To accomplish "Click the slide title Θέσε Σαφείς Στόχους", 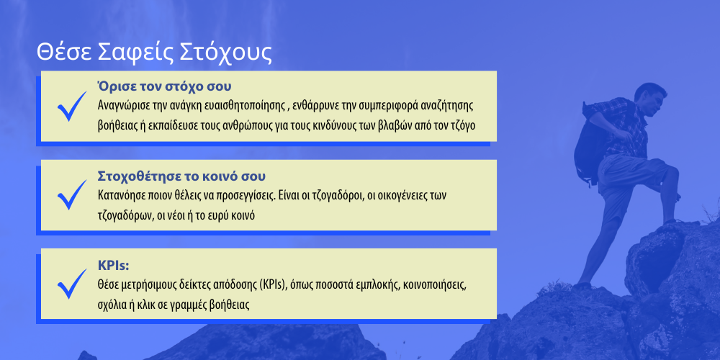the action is point(154,53).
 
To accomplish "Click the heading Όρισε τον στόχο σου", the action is point(164,86).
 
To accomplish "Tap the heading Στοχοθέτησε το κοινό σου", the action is point(182,176).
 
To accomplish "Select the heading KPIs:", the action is point(114,266).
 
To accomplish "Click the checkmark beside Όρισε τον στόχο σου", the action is point(71,106).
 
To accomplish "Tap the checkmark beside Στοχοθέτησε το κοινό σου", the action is point(71,194).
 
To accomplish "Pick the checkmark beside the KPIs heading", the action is point(71,284).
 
